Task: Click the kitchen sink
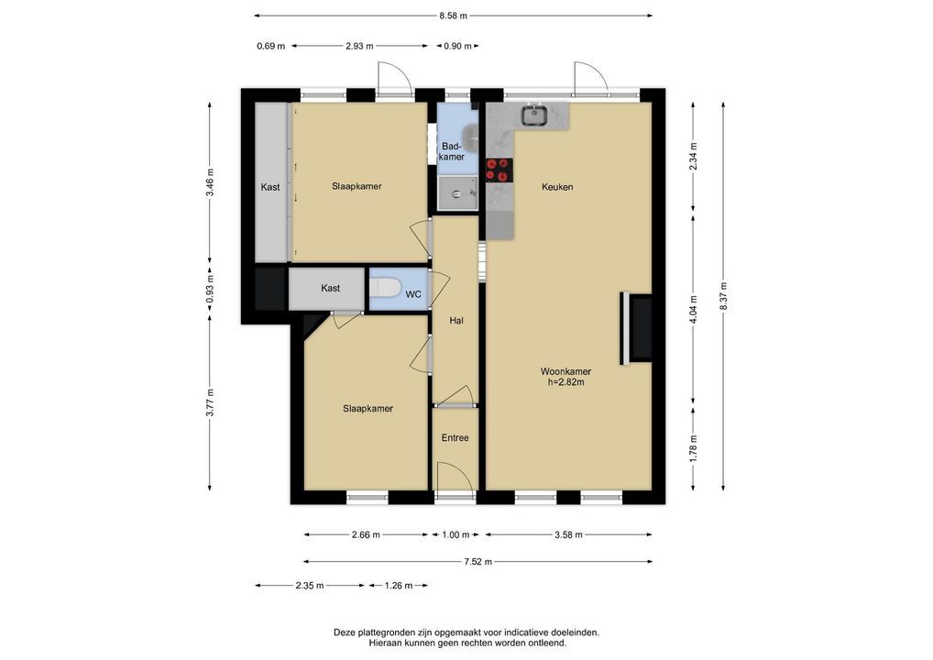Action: [535, 115]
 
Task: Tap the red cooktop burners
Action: [499, 169]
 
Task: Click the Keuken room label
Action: [557, 187]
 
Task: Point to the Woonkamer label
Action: [565, 371]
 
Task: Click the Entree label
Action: [456, 438]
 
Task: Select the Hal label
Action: [456, 321]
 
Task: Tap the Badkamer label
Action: [452, 152]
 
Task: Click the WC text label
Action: [413, 294]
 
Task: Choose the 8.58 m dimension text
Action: [454, 16]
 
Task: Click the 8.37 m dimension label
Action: [723, 295]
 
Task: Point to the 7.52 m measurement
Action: [478, 561]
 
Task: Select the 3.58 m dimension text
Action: [568, 534]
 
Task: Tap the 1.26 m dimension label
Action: [399, 586]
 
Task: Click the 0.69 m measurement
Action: [270, 46]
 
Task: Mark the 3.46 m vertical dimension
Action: [210, 182]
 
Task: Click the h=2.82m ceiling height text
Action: [565, 382]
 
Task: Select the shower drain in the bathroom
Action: [457, 194]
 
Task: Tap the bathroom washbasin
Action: [471, 138]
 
